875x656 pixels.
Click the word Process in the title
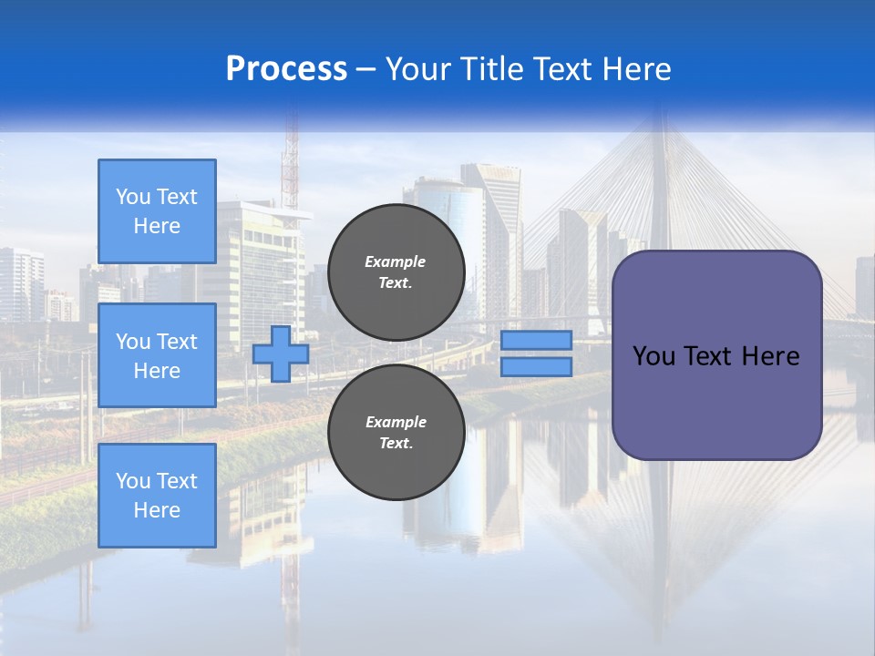(286, 69)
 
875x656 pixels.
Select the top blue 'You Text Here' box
(157, 211)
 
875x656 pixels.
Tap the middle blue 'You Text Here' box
(157, 355)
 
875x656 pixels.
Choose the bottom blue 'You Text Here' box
(157, 496)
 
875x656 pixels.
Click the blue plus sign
(281, 354)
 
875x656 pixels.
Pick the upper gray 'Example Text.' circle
(396, 272)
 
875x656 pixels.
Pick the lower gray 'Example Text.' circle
(396, 433)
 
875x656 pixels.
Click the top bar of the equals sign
(536, 341)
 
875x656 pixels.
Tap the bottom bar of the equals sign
(536, 366)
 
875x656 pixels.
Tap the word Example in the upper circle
(396, 261)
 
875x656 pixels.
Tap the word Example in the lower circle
(396, 422)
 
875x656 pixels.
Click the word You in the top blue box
(133, 197)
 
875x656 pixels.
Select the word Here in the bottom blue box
(157, 510)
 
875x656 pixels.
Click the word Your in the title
(417, 69)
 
